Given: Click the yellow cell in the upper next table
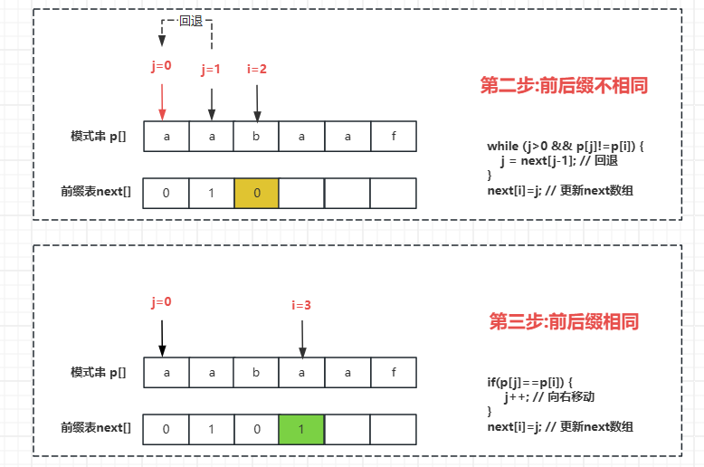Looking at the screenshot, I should [x=257, y=193].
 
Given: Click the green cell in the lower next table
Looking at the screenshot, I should [x=302, y=429].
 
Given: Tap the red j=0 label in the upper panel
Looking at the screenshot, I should [x=161, y=67].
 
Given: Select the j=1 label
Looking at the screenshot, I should [x=212, y=69].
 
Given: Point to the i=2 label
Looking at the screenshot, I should [x=257, y=69].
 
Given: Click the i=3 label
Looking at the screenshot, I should [x=301, y=306].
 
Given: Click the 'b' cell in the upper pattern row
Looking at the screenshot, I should [x=257, y=137].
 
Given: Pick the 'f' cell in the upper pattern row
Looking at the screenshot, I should [x=393, y=137].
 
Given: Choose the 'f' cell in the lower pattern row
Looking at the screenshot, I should [x=393, y=372].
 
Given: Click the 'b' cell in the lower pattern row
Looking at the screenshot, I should [x=257, y=372].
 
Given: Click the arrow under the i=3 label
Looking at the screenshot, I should [x=302, y=338].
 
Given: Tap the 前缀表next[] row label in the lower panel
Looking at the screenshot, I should [x=96, y=427].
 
